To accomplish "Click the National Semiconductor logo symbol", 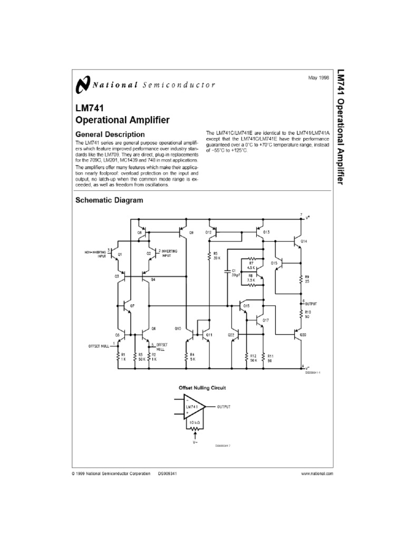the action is (83, 84).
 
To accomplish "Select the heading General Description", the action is (110, 134).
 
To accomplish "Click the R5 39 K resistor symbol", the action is (210, 256).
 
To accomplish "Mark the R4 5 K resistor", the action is (186, 357).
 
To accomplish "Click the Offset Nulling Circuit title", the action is (203, 387).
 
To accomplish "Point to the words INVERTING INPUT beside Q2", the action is (169, 254).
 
